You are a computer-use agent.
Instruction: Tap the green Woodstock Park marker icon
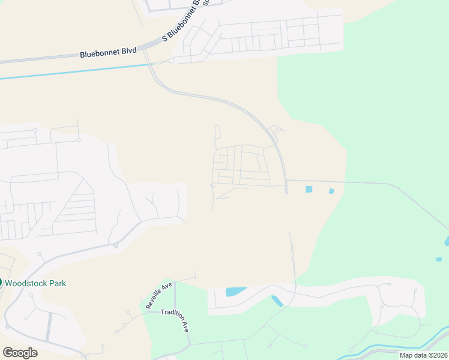(x=1, y=283)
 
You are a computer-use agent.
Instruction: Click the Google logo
(x=20, y=353)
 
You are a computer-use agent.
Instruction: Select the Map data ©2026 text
(x=424, y=355)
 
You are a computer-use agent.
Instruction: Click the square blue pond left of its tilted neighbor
(x=309, y=189)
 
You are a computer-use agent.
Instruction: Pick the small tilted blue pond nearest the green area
(x=331, y=191)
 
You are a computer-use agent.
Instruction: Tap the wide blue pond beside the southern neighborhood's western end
(x=235, y=292)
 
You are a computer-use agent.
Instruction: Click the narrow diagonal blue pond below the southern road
(x=277, y=301)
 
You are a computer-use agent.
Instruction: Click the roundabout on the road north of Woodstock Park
(x=115, y=245)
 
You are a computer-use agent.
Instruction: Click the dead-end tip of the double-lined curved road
(x=286, y=192)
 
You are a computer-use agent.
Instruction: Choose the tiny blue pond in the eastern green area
(x=439, y=259)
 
